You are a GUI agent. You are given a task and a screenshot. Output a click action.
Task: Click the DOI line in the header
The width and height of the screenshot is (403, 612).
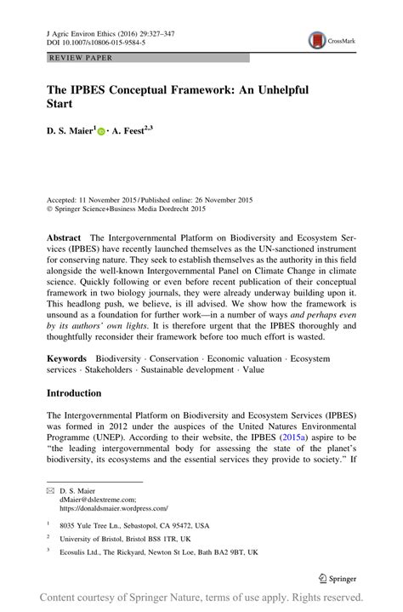(89, 41)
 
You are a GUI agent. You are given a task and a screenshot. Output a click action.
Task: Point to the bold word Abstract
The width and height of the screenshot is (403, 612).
(64, 238)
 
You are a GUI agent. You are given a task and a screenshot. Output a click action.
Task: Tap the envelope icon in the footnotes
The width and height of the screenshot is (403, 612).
(49, 490)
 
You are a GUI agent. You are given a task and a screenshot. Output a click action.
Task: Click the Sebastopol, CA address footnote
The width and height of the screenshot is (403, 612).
(135, 525)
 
